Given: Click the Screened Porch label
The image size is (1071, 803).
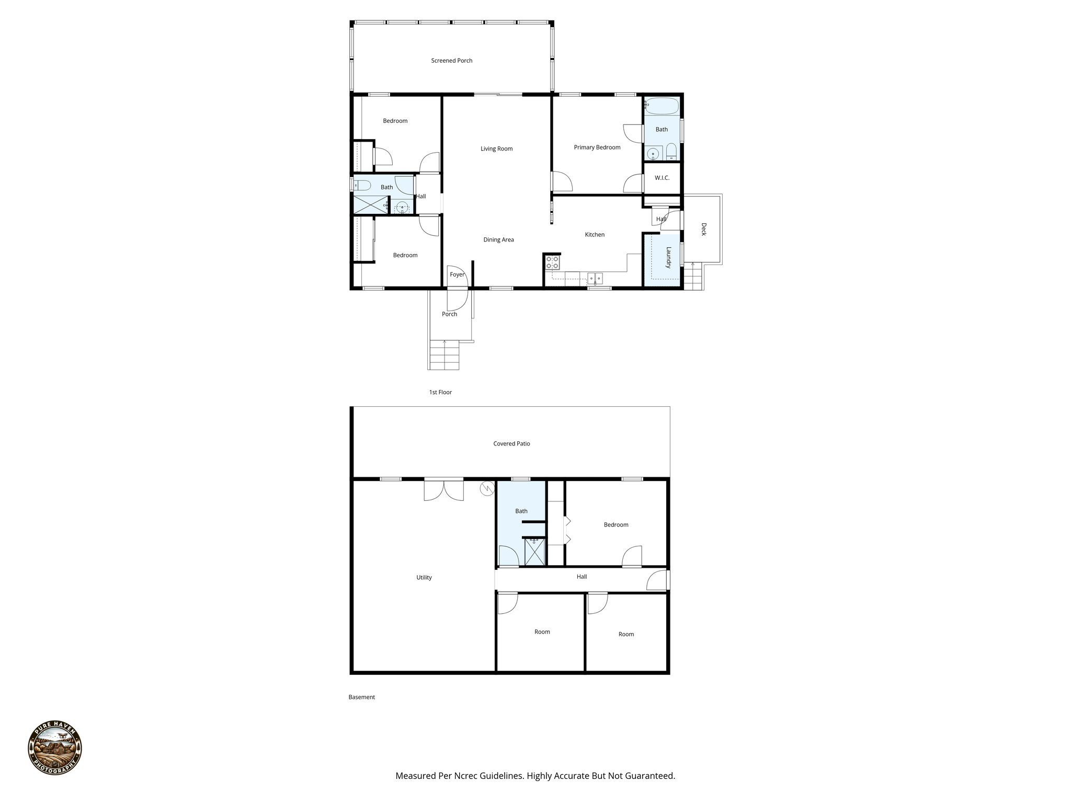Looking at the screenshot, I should point(451,61).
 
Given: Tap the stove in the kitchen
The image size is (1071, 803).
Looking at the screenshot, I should point(553,262).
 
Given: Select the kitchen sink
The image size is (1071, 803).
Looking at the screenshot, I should point(595,278).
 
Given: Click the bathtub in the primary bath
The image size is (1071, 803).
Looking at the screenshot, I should point(662,106).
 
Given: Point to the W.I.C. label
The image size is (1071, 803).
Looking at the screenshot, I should point(662,178).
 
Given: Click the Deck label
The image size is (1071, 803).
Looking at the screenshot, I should point(703,230).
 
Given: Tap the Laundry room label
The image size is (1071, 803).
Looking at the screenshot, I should point(668,258).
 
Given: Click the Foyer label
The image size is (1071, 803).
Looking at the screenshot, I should point(457,274).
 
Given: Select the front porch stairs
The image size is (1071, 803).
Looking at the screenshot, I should point(444,355).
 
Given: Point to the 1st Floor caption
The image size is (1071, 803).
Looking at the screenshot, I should point(440,392).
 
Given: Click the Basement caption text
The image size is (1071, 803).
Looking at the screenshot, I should point(361,697).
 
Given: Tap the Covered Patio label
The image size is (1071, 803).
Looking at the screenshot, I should point(511,444).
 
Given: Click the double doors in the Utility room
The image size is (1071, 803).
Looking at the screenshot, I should point(443,490).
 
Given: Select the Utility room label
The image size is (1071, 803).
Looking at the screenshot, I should point(424,578).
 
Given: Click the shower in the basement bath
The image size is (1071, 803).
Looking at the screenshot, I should point(534,553).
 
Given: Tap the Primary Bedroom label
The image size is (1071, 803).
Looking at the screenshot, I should point(597,147).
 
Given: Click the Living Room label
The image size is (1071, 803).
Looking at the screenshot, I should point(496,149).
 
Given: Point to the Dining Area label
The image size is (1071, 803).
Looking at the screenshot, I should point(498,240).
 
